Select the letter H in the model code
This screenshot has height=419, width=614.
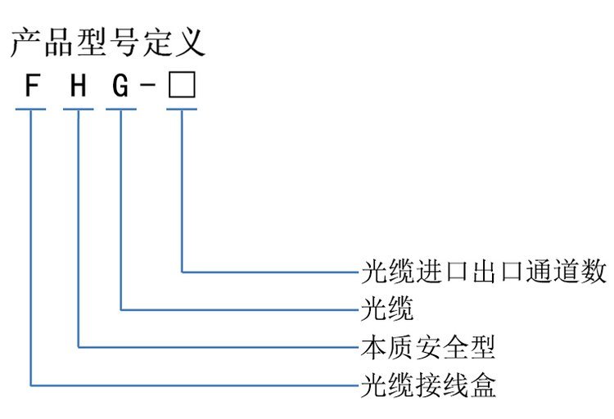click(78, 87)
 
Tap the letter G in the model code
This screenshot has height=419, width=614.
click(120, 87)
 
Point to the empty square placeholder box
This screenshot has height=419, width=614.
click(181, 86)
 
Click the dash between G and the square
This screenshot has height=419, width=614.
click(148, 88)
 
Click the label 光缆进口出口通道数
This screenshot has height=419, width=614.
click(484, 272)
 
